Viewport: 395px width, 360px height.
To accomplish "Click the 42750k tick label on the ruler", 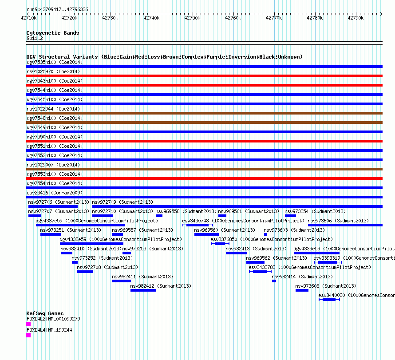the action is click(x=192, y=18).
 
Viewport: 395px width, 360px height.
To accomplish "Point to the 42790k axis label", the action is click(x=355, y=18).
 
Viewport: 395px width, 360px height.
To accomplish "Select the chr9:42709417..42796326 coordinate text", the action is click(x=57, y=10).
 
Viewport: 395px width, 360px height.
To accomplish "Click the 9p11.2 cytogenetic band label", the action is click(x=35, y=38).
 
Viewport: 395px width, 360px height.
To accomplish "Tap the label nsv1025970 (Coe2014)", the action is click(x=53, y=71).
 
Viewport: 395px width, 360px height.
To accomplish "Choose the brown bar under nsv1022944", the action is click(x=204, y=113).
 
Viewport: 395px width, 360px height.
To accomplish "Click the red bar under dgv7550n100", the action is click(x=204, y=141).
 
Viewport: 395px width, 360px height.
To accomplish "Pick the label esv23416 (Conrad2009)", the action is click(x=55, y=193).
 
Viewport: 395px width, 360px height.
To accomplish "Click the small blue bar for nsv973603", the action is click(x=265, y=234).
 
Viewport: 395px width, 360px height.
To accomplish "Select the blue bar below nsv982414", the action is click(x=274, y=281).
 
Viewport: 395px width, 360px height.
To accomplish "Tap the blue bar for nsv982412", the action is click(x=143, y=290).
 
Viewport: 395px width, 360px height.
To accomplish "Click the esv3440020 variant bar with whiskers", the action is click(x=329, y=300).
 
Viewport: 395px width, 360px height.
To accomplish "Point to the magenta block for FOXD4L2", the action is click(x=28, y=324).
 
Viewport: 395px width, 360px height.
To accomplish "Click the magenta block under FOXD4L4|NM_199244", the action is click(x=28, y=335).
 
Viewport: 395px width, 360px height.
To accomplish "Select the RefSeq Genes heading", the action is click(x=45, y=313).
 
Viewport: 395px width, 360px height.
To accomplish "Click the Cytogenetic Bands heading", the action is click(x=53, y=33).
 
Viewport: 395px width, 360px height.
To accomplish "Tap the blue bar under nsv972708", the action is click(x=85, y=272).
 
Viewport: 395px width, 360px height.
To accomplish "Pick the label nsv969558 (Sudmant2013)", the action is click(x=186, y=211).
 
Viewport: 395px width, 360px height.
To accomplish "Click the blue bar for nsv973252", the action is click(x=75, y=262).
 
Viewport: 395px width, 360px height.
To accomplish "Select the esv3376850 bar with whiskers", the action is click(x=220, y=244).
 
